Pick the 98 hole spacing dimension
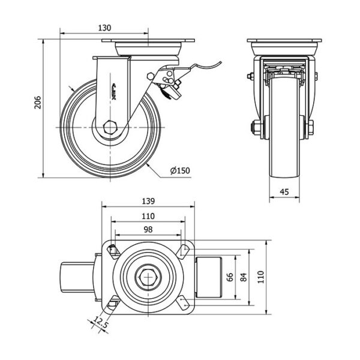click(x=148, y=229)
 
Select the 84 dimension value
click(x=244, y=277)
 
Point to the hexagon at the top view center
click(x=148, y=277)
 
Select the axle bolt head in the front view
click(x=254, y=128)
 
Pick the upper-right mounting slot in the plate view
click(x=182, y=250)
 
